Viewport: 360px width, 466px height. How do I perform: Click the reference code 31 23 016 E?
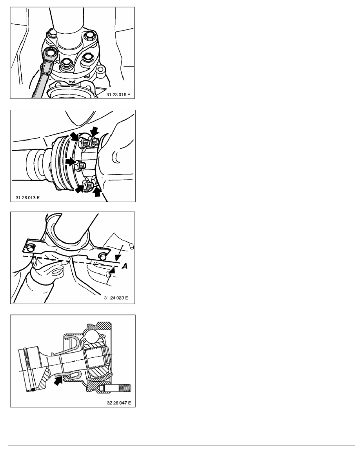118,95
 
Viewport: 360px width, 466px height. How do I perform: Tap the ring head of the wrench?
51,55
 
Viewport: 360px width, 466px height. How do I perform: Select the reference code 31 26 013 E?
27,197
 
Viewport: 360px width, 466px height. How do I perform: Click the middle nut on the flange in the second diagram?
79,166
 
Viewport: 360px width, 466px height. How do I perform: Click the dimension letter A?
125,266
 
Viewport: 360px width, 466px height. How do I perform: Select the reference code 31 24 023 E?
116,297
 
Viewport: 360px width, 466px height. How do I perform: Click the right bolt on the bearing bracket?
102,255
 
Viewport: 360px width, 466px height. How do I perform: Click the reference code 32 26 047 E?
119,403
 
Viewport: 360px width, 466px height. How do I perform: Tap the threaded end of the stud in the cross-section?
125,388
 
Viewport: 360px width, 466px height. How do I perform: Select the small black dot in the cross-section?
33,390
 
